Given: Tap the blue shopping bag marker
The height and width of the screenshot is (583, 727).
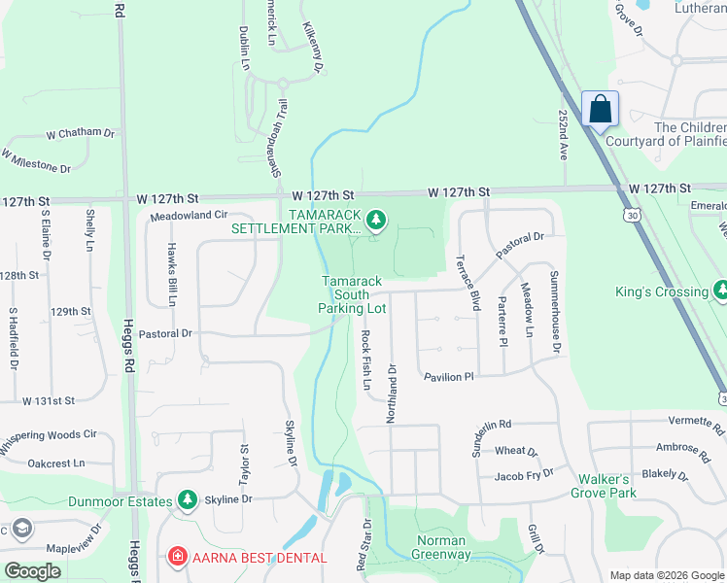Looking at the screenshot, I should coord(600,109).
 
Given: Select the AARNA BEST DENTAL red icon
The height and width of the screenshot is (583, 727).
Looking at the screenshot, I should coord(177,558).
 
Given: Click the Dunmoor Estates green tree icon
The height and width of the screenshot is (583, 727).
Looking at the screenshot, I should coord(188,500).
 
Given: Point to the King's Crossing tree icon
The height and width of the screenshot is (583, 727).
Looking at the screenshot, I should coord(719,291).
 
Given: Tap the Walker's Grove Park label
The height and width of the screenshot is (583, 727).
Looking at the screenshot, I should coord(633,486).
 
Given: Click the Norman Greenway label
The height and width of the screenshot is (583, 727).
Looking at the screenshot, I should coord(443,548).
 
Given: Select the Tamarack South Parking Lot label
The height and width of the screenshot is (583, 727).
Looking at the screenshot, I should coord(352,294).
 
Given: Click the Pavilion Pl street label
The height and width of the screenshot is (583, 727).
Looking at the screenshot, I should coord(448,376).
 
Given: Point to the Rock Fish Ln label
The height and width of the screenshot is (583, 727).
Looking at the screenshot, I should coord(366,360).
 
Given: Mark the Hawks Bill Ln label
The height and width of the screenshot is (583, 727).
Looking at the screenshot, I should coord(171,274).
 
